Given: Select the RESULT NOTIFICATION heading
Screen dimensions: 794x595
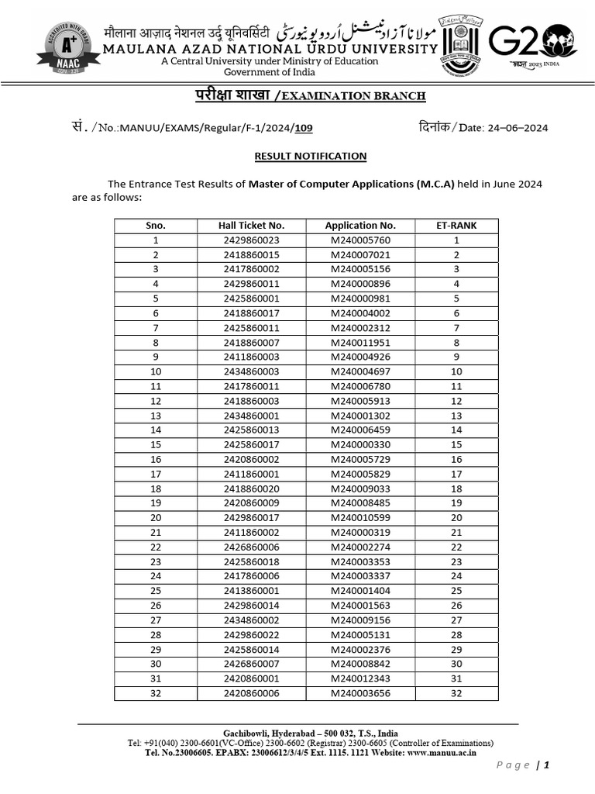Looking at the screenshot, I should tap(311, 156).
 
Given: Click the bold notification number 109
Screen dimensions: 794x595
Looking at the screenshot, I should tap(304, 128).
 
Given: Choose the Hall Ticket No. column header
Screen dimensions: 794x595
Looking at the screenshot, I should tap(251, 226).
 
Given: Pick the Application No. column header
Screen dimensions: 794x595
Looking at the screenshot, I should tap(360, 226).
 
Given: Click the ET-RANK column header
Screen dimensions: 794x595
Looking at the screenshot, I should tap(456, 226).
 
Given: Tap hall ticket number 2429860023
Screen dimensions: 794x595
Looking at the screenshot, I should tap(251, 240).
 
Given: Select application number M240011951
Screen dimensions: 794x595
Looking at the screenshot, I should tap(360, 342).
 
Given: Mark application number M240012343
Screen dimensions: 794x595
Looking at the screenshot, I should tap(360, 678).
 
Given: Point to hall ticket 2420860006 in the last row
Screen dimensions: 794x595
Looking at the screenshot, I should tap(251, 693).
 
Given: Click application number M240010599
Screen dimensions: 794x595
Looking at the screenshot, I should tap(360, 518).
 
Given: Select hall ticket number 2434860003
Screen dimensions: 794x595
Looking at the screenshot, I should tap(251, 371).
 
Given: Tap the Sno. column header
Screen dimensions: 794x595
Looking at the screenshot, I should tap(156, 226).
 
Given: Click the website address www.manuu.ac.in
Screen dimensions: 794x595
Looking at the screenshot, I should tap(442, 752).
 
